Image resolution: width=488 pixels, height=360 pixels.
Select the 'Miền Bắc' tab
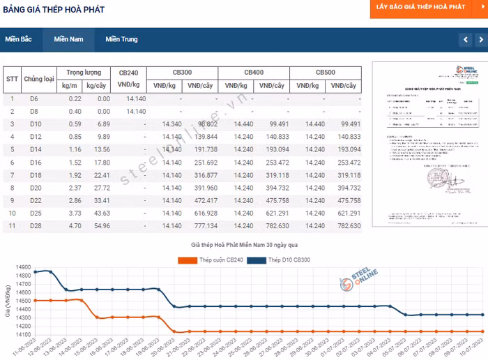coord(19,39)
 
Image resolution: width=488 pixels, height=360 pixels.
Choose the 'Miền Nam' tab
coord(68,39)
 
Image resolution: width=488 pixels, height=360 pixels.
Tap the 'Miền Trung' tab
coord(122,39)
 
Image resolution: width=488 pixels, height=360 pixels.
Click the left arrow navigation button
coord(465,40)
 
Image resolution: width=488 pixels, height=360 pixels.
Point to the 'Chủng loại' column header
coord(39,79)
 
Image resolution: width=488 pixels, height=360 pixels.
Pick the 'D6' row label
coord(34,99)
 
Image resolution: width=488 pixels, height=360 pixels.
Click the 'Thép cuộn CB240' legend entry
coord(209,260)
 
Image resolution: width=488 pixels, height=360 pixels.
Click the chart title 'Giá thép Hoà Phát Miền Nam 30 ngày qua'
coord(245,246)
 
